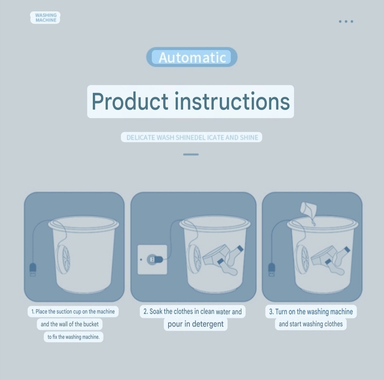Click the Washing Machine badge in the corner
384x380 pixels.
tap(46, 18)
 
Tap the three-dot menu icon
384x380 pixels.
tap(346, 22)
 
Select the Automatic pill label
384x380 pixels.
tap(192, 57)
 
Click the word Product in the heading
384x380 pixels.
tap(129, 101)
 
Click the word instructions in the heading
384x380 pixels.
tap(233, 101)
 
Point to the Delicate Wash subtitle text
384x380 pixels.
tap(192, 137)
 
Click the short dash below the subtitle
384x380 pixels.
tap(191, 154)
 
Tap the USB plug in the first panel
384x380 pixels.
tap(32, 270)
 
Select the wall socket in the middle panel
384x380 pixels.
tap(152, 259)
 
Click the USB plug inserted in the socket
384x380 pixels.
tap(155, 259)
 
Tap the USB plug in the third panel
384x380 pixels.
tap(271, 270)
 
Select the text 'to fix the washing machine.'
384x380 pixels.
tap(74, 337)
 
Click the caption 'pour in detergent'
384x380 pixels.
tap(196, 324)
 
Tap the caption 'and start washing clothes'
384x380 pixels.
tap(311, 324)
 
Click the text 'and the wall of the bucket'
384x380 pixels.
tap(70, 324)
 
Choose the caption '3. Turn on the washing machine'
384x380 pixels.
tap(311, 312)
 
